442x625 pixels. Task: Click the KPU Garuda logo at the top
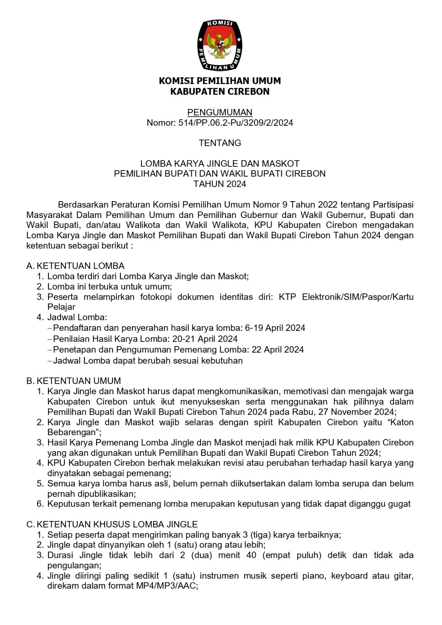point(220,45)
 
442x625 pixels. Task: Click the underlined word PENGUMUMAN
point(220,112)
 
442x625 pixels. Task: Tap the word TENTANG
point(220,143)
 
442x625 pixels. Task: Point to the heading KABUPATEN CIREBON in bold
point(220,92)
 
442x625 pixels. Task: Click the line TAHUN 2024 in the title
point(220,184)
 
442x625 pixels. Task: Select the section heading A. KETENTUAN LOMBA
point(75,266)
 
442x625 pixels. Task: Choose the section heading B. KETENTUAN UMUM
point(74,381)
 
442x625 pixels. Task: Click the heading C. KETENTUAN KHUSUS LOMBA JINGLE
point(112,524)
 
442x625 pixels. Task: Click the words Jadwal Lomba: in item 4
point(77,317)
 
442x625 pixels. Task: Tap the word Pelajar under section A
point(61,307)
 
